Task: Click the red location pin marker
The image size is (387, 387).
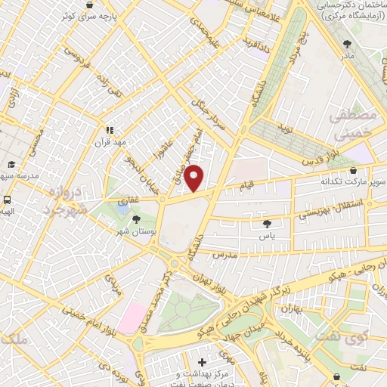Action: (194, 178)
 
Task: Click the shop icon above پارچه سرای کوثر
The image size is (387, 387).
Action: (90, 5)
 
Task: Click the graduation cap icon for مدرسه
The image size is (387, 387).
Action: (11, 164)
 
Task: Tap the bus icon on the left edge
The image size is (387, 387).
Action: (7, 200)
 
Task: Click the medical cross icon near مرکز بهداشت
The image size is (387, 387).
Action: (202, 362)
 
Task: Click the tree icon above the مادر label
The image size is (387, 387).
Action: (347, 44)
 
